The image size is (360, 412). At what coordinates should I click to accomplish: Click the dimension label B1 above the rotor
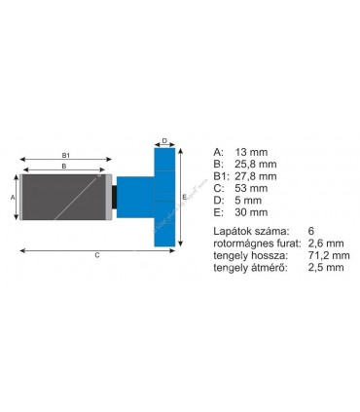pyautogui.click(x=65, y=154)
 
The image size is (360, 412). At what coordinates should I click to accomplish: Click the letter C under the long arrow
pyautogui.click(x=96, y=255)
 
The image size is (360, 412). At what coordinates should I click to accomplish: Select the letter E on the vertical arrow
pyautogui.click(x=184, y=196)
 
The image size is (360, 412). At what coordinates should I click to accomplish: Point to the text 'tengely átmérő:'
pyautogui.click(x=249, y=267)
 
